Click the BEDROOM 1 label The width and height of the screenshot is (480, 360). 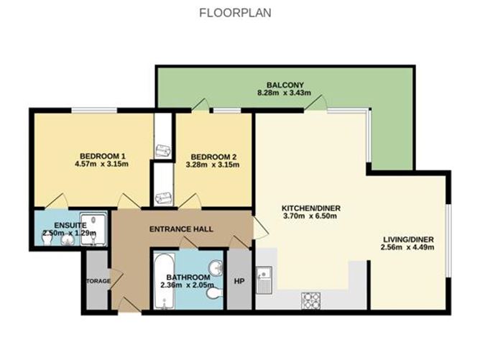(x=103, y=156)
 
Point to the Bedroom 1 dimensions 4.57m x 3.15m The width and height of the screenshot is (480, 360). (x=103, y=165)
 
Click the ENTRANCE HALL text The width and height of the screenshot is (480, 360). (x=180, y=229)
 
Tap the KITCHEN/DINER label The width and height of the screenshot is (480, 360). (x=310, y=209)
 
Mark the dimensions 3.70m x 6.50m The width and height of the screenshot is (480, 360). (x=310, y=218)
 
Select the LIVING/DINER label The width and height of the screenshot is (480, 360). (x=411, y=239)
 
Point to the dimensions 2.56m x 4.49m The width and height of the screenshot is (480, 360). (x=411, y=249)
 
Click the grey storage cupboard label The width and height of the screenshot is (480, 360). (x=96, y=281)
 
